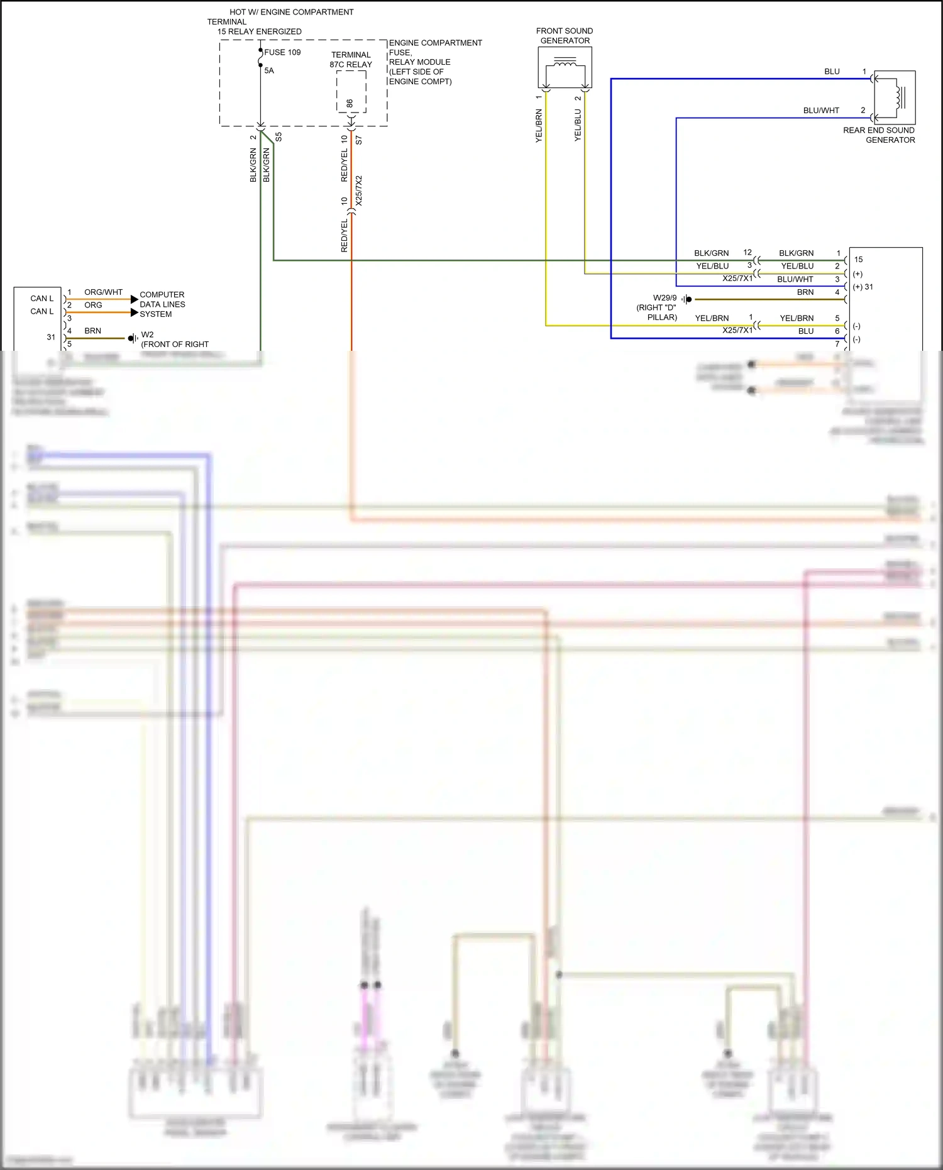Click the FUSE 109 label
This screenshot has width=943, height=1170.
tap(282, 52)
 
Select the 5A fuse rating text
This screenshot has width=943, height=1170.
tap(269, 70)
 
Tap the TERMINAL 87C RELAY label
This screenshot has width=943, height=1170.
tap(351, 60)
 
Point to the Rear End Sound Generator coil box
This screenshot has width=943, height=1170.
tap(895, 97)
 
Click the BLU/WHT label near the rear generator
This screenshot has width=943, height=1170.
tap(820, 110)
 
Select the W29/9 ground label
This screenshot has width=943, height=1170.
tap(665, 298)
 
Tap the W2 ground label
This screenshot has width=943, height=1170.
tap(147, 334)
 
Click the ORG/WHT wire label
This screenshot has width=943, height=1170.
tap(103, 292)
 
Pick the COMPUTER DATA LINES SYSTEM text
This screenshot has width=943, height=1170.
tap(162, 304)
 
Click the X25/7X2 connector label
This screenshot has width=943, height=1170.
tap(359, 190)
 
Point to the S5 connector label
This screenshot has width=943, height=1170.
tap(278, 136)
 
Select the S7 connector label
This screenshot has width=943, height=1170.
tap(359, 140)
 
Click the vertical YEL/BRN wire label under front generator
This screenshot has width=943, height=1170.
tap(539, 126)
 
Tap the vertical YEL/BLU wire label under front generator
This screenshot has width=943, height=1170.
tap(578, 124)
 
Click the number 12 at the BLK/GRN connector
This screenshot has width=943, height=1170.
tap(747, 252)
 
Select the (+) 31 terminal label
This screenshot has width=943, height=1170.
tap(863, 287)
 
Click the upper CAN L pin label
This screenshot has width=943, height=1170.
tap(42, 298)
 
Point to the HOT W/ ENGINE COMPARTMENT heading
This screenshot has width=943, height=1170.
tap(291, 12)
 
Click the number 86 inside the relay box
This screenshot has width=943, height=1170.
tap(350, 103)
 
